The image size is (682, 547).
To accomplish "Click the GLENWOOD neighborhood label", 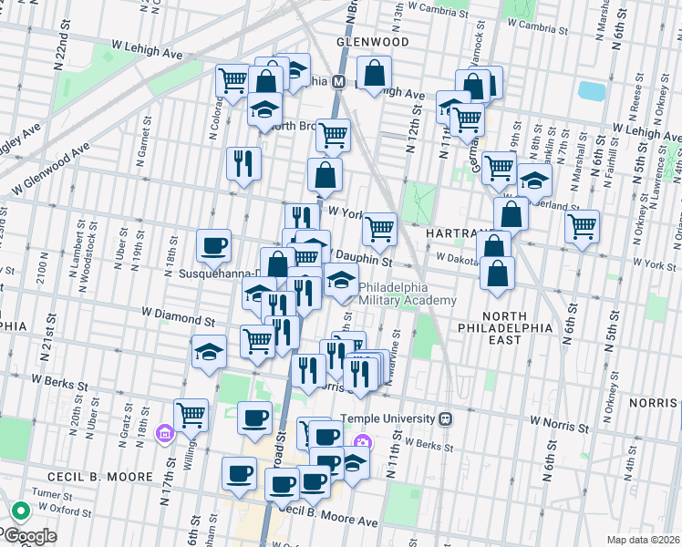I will (372, 42).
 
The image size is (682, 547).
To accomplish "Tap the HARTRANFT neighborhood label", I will (453, 234).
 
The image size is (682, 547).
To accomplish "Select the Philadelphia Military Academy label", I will (407, 294).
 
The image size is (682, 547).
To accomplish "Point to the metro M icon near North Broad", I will (337, 81).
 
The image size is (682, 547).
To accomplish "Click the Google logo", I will (29, 536).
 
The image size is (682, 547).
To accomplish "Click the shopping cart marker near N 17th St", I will (191, 415).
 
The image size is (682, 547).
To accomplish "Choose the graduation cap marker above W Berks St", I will (209, 352).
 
